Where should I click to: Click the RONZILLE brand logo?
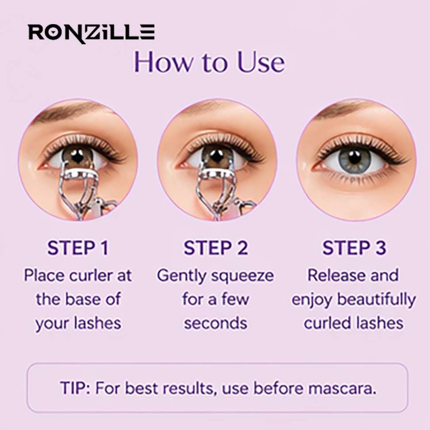coord(91,33)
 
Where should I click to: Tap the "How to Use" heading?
coord(209,62)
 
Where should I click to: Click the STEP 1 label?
coord(78,248)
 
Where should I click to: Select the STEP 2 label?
coord(216,248)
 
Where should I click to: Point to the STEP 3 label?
coord(354,248)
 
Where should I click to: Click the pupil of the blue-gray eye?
coord(355,157)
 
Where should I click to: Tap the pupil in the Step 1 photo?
coord(77,156)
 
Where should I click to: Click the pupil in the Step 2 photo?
coord(216,155)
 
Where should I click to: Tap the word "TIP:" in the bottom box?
coord(75,388)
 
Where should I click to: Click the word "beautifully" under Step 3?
coord(377,299)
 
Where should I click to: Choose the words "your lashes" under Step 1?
coord(78,323)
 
